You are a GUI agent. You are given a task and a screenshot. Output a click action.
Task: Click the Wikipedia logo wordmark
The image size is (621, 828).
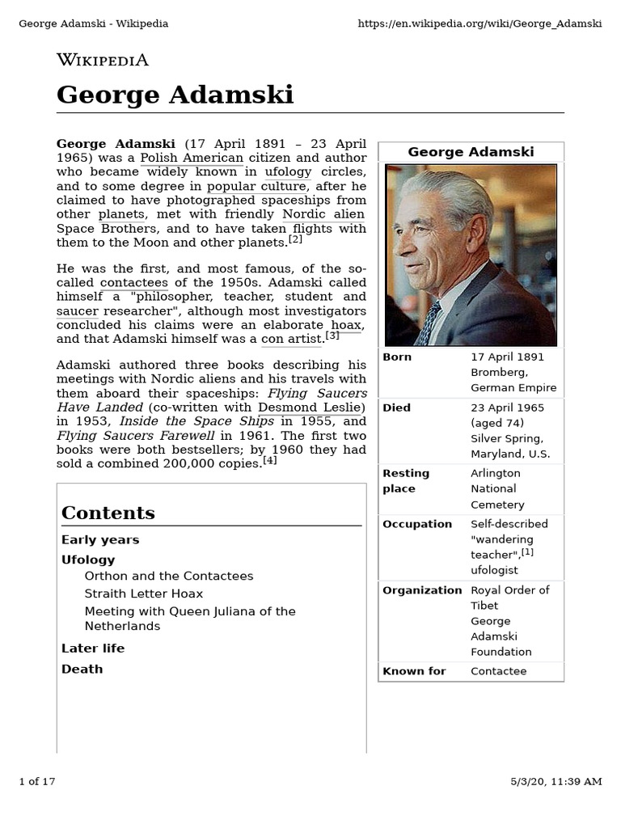pyautogui.click(x=102, y=60)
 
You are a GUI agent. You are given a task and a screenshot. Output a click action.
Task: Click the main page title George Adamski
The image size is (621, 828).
pyautogui.click(x=175, y=95)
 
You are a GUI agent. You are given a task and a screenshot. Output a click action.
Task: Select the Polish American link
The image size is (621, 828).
pyautogui.click(x=192, y=158)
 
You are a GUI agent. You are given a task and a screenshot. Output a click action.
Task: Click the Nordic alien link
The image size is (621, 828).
pyautogui.click(x=323, y=214)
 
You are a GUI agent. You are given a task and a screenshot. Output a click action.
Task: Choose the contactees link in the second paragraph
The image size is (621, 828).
pyautogui.click(x=134, y=283)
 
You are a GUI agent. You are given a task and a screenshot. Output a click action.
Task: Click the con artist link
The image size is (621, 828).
pyautogui.click(x=292, y=340)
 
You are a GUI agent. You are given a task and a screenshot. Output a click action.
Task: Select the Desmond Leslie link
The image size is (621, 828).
pyautogui.click(x=311, y=407)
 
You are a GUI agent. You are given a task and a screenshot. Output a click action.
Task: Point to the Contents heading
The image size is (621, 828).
pyautogui.click(x=108, y=513)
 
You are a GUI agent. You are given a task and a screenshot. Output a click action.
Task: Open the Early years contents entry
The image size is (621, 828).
pyautogui.click(x=100, y=539)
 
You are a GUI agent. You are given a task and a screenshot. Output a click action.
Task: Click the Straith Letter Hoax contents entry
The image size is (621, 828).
pyautogui.click(x=144, y=594)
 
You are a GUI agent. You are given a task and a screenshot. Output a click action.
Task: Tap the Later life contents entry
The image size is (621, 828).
pyautogui.click(x=93, y=648)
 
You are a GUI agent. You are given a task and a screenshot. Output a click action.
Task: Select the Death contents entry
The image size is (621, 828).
pyautogui.click(x=82, y=669)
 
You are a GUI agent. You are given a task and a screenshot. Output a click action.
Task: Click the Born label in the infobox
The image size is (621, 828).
pyautogui.click(x=397, y=357)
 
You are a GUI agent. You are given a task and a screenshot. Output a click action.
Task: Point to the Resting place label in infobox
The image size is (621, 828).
pyautogui.click(x=406, y=480)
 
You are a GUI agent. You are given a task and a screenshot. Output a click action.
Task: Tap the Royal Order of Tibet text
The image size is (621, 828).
pyautogui.click(x=509, y=598)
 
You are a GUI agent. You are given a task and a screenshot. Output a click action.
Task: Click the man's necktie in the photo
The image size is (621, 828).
pyautogui.click(x=429, y=323)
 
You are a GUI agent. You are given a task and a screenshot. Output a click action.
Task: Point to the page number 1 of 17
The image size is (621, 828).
pyautogui.click(x=37, y=781)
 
